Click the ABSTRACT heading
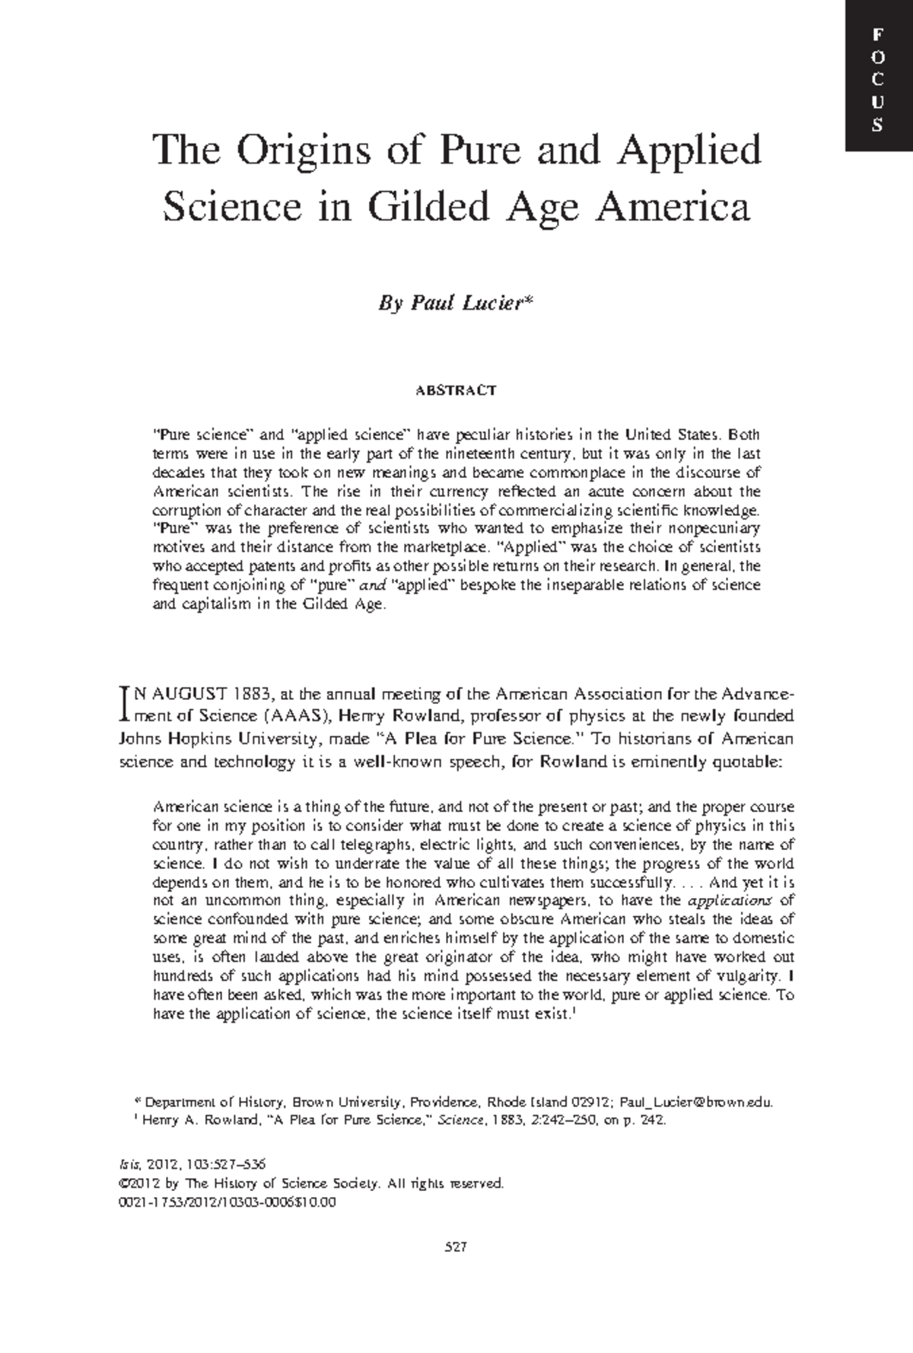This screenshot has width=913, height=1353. (456, 390)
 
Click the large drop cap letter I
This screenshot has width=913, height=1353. (126, 704)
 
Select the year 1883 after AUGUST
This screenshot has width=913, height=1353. (251, 694)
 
